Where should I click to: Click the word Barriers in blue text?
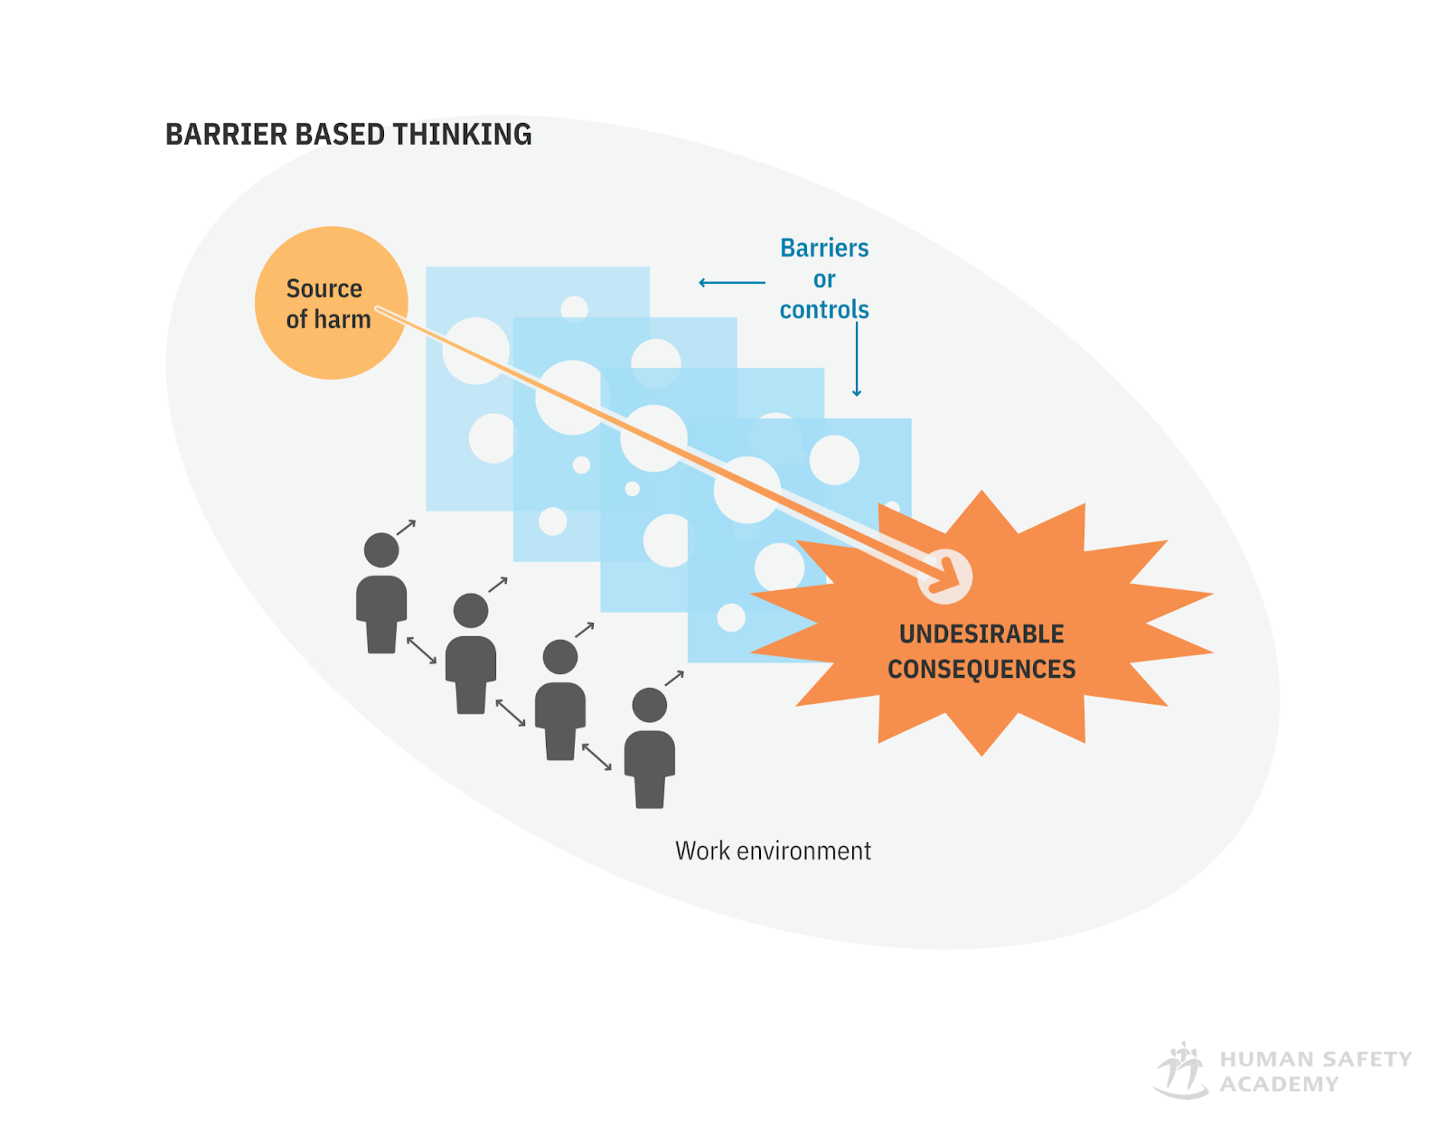click(x=824, y=248)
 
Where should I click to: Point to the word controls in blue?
click(x=824, y=310)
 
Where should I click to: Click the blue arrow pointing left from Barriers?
click(x=731, y=283)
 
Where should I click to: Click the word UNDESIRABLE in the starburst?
click(x=981, y=634)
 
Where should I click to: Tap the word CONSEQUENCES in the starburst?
click(x=981, y=670)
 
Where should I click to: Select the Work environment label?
click(x=773, y=851)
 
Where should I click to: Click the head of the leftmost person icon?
click(x=381, y=549)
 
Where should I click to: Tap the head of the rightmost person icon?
click(x=650, y=705)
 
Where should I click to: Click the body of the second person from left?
click(x=471, y=673)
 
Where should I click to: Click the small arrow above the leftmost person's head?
click(x=407, y=527)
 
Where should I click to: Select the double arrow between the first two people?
click(x=421, y=650)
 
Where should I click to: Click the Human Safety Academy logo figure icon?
click(x=1181, y=1071)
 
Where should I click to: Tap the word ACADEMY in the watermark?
click(x=1279, y=1084)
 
